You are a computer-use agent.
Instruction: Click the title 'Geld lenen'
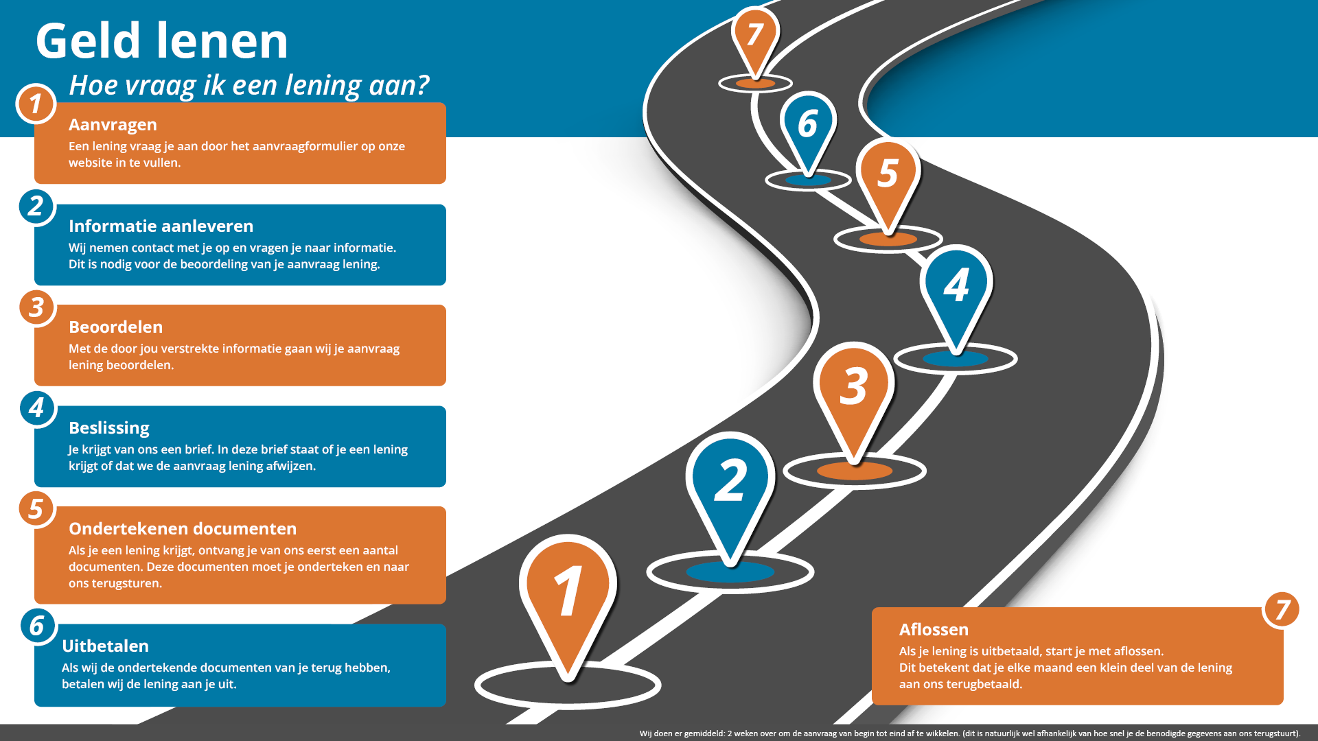pos(162,41)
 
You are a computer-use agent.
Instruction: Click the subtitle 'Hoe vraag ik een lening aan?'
pos(248,85)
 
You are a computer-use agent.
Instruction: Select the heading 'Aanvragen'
pos(113,125)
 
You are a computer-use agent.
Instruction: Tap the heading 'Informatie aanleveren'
pos(161,226)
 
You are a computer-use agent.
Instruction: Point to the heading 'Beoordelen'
pos(115,327)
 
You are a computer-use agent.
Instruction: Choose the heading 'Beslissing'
pos(109,428)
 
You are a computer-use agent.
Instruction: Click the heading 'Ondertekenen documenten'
pos(183,529)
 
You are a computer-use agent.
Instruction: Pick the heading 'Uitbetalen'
pos(105,646)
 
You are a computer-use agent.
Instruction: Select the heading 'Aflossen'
pos(934,630)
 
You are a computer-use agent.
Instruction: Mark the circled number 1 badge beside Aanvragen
pos(36,104)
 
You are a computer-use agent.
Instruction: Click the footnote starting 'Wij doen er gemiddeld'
pos(969,733)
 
